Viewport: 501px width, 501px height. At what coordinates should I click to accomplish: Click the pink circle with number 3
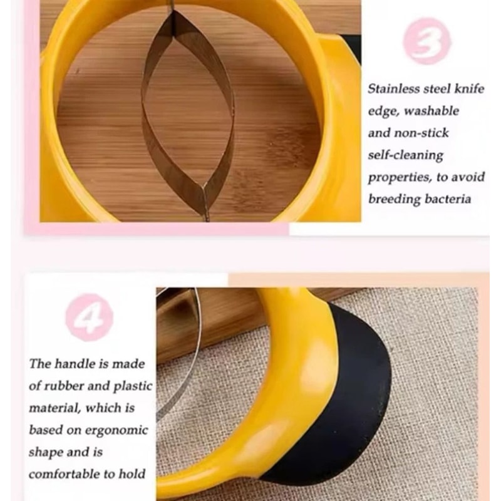tap(427, 40)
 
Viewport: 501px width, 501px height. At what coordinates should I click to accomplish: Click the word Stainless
tap(395, 89)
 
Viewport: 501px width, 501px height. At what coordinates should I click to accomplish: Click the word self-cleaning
tap(405, 155)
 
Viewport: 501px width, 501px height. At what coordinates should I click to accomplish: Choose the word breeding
tap(394, 199)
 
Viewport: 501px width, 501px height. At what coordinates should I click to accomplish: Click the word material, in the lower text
tap(54, 408)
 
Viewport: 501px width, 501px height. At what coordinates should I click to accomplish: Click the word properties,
tap(399, 177)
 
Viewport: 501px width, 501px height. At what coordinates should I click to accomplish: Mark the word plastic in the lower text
tap(132, 386)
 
